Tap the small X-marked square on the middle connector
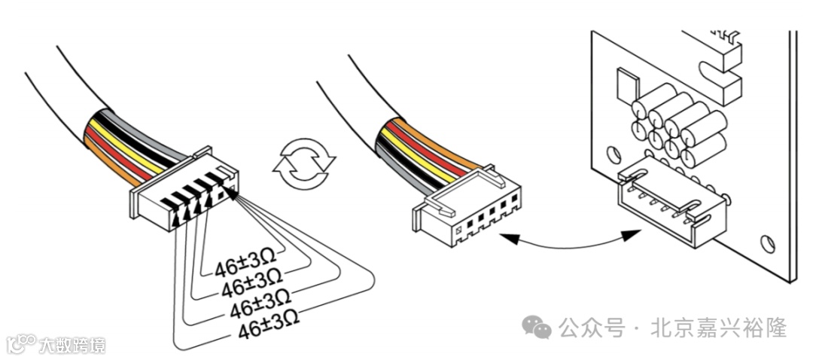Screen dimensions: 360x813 click(x=457, y=229)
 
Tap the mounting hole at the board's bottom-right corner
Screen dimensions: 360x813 click(x=767, y=244)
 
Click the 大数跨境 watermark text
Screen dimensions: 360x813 click(x=73, y=346)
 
